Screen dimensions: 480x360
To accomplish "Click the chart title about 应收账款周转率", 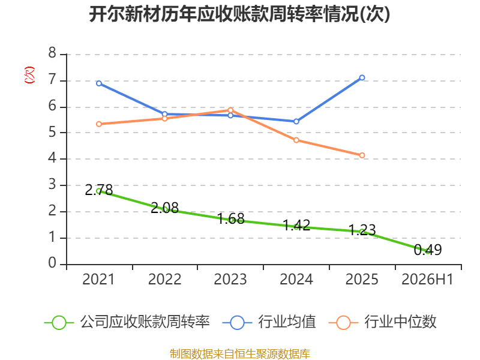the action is (x=239, y=14).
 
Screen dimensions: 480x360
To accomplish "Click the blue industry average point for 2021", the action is (x=99, y=83).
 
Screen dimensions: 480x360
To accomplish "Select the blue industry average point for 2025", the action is (x=362, y=78).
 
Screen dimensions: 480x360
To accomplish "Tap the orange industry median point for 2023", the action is (x=230, y=110).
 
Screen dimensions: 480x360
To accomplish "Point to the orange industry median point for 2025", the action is (x=362, y=155).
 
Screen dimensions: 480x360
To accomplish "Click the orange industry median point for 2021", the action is (x=99, y=124).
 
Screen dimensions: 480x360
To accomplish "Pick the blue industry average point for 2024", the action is (x=296, y=122).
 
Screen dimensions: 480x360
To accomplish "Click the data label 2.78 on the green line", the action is (x=99, y=190).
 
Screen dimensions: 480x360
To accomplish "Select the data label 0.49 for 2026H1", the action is (x=428, y=250).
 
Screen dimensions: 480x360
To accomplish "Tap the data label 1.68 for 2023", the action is (x=230, y=218).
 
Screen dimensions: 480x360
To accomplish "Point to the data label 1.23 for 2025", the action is (x=362, y=230).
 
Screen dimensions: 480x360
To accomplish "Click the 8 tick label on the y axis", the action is (x=52, y=53).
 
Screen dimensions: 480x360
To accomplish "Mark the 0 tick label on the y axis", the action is (x=52, y=263).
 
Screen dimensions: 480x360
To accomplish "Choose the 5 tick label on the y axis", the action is (x=52, y=132).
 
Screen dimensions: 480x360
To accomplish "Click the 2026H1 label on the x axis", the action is (x=427, y=279).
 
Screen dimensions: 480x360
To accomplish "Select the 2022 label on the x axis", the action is (x=164, y=279).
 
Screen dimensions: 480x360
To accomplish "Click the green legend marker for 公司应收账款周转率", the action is (x=59, y=323).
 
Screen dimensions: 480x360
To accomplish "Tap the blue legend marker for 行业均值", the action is (x=237, y=323).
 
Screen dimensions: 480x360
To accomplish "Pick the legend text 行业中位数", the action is (x=400, y=322).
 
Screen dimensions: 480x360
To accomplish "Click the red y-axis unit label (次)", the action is (x=29, y=75).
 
